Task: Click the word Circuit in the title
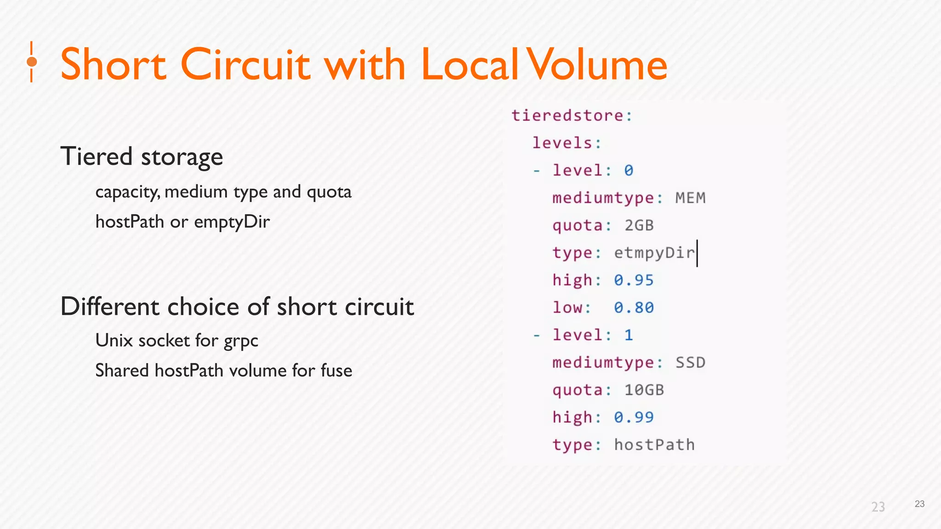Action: (x=246, y=64)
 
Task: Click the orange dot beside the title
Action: (x=32, y=62)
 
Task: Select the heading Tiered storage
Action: (x=142, y=157)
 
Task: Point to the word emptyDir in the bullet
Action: (x=232, y=222)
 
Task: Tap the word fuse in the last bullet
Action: (x=336, y=371)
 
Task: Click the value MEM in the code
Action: (x=690, y=198)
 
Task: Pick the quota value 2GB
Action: (x=639, y=225)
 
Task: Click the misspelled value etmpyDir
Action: (x=654, y=253)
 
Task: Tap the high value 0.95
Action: (x=634, y=280)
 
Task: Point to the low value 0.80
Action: (x=634, y=308)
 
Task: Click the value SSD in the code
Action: (x=690, y=362)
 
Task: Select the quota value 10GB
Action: (x=644, y=390)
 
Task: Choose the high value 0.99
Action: (x=634, y=417)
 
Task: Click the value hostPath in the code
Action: (x=654, y=445)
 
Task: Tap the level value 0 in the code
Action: (x=629, y=170)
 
